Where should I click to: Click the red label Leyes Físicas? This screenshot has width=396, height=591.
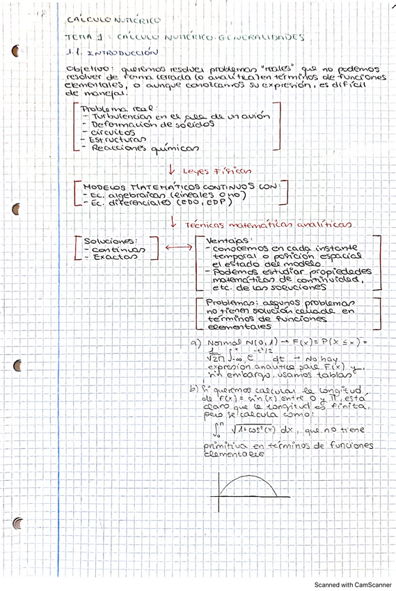[x=216, y=169]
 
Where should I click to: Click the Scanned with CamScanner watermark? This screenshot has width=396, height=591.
[x=353, y=584]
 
